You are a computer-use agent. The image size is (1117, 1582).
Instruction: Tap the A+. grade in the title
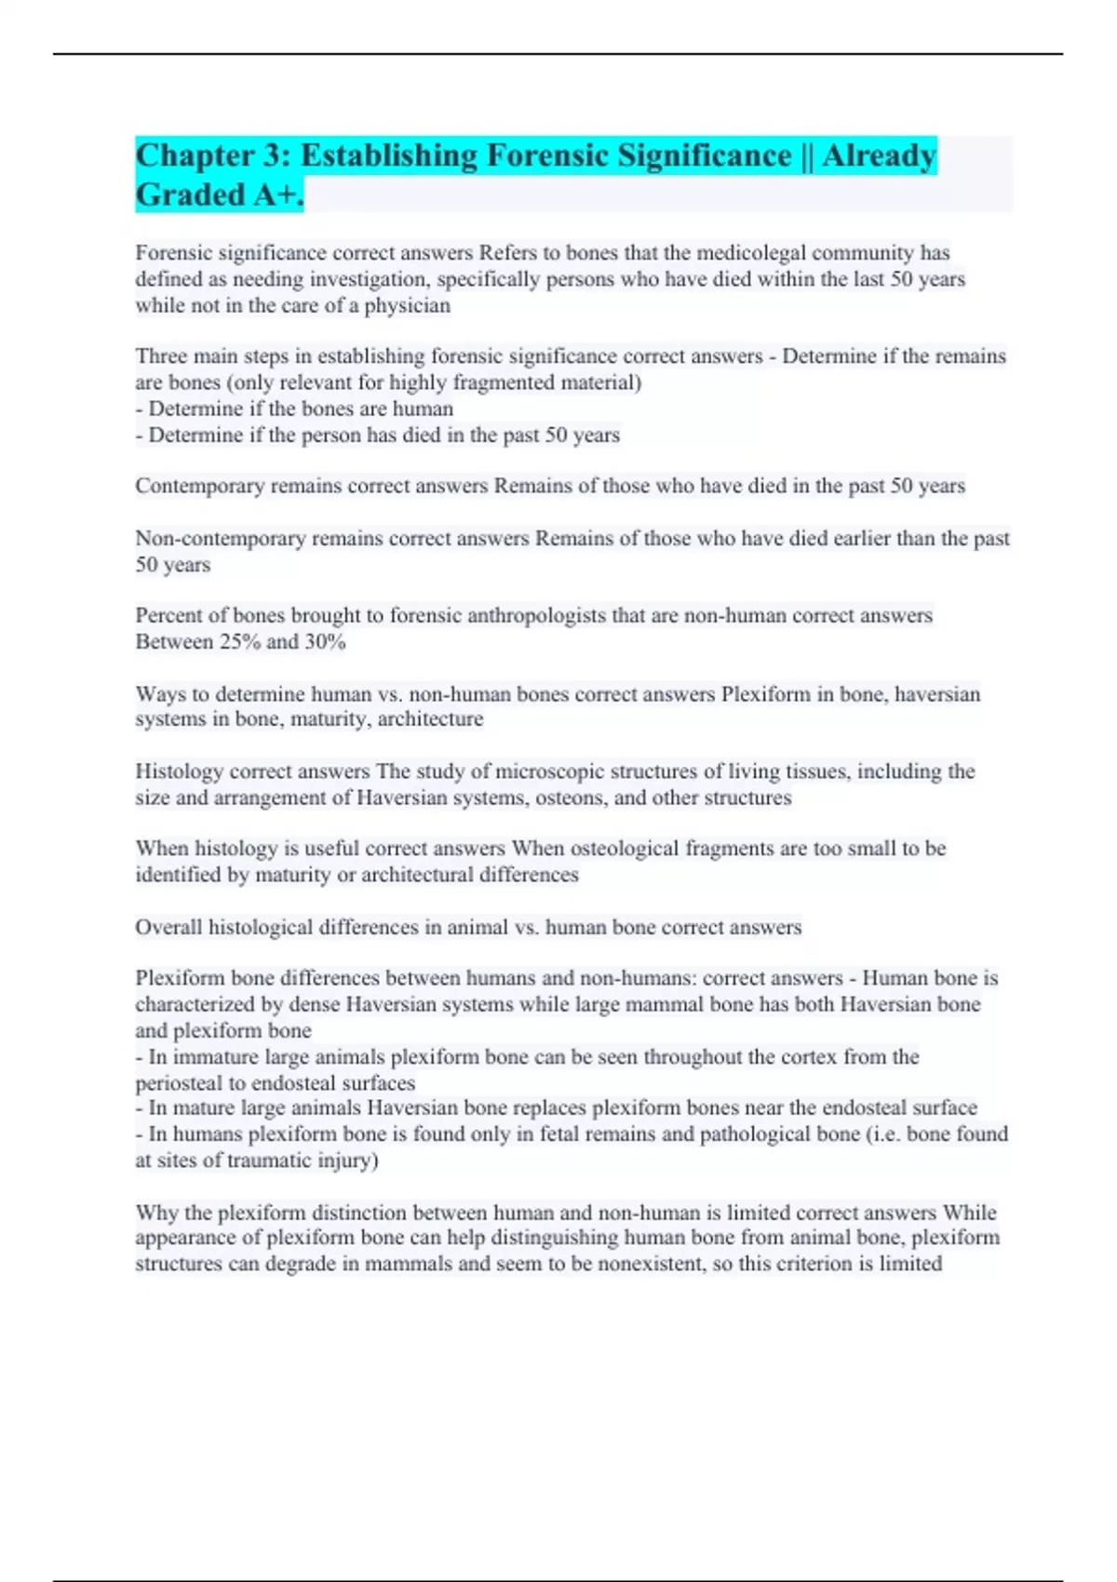[278, 194]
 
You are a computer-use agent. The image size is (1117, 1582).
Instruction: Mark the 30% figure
[325, 642]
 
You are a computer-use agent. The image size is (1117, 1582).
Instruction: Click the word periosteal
[181, 1083]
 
